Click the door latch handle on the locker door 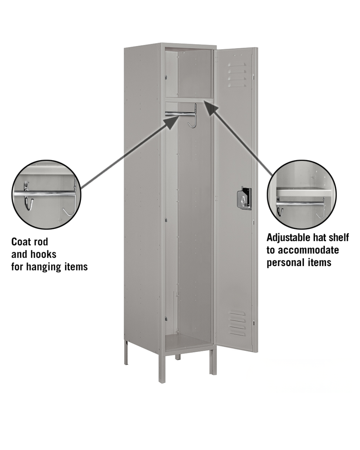(x=244, y=198)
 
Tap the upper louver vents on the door (x=237, y=75)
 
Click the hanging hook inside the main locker (x=193, y=116)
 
